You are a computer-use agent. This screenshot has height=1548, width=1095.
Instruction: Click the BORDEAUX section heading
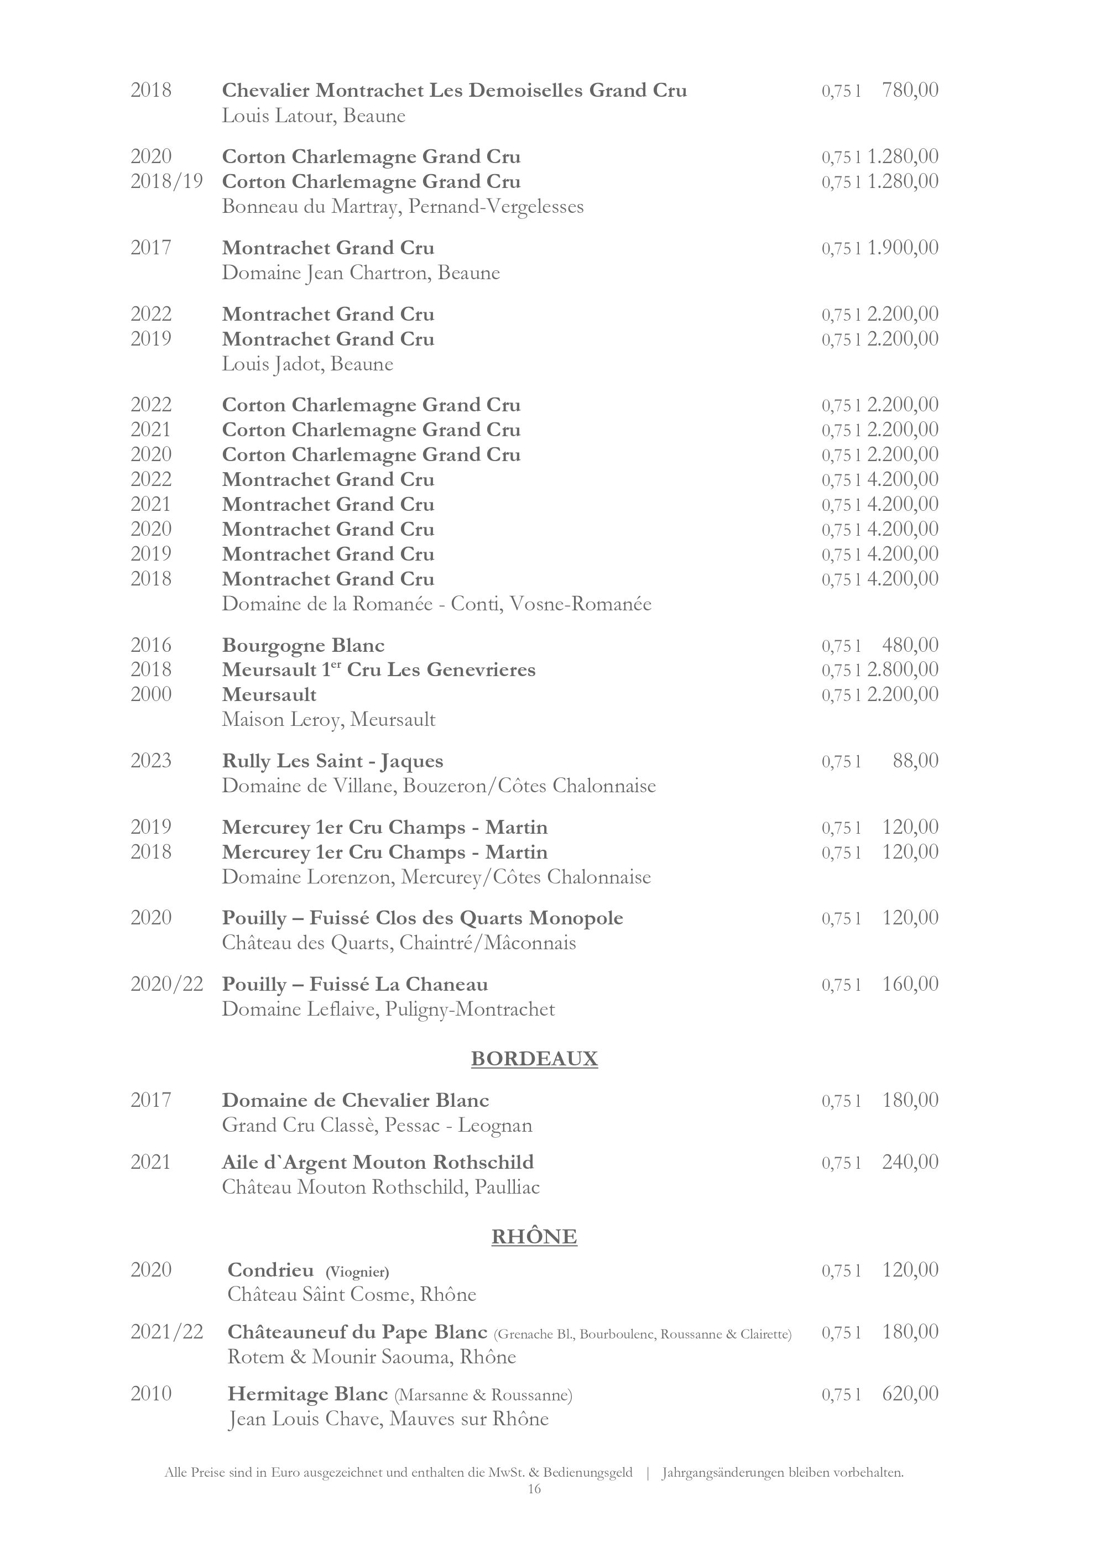tap(534, 1059)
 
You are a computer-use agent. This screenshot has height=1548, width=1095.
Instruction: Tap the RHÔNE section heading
tap(534, 1237)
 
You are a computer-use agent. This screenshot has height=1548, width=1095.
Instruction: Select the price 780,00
tap(910, 90)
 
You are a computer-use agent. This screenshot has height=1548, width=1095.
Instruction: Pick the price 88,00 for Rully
tap(915, 761)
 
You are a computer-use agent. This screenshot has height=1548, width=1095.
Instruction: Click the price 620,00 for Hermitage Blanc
tap(910, 1394)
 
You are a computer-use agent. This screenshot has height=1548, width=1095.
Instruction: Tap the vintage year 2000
tap(151, 694)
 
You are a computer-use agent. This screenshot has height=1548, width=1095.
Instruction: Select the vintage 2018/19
tap(166, 181)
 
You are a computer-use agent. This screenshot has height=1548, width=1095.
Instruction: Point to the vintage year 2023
tap(151, 761)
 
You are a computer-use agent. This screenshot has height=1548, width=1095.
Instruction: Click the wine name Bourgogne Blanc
tap(304, 645)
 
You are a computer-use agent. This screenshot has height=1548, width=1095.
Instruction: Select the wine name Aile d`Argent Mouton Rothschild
tap(378, 1162)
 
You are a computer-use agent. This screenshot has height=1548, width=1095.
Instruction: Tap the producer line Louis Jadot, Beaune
tap(307, 364)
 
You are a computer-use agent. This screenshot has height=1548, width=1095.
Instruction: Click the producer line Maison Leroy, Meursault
tap(328, 719)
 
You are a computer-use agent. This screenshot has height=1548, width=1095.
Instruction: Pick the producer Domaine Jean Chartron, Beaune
tap(361, 273)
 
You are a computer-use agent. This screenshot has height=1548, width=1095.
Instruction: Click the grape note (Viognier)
tap(357, 1272)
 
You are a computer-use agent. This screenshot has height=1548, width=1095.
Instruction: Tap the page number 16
tap(534, 1489)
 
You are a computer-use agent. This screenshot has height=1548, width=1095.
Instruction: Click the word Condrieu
tap(270, 1270)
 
